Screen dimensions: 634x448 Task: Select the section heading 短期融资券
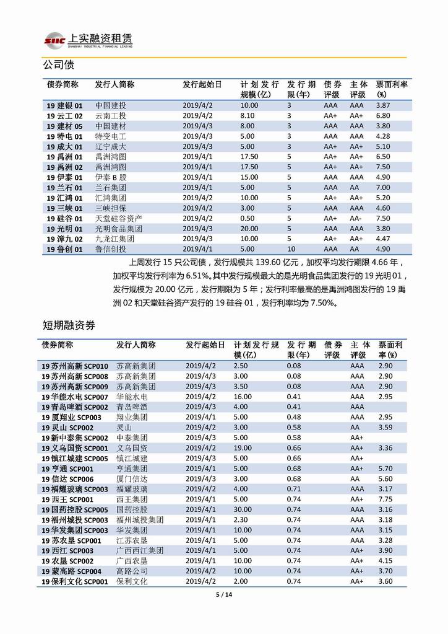point(69,325)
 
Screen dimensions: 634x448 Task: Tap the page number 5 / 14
point(223,594)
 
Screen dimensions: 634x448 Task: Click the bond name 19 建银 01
point(64,106)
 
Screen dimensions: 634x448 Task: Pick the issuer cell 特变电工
point(110,136)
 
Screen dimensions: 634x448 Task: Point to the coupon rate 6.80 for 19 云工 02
point(383,116)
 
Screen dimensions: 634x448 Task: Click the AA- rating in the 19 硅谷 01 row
point(356,218)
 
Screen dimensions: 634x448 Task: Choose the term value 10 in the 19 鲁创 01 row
point(290,249)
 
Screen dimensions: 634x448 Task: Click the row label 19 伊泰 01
point(64,177)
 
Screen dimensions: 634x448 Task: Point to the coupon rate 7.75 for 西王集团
point(385,499)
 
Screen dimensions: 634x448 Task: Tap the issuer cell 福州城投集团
point(140,519)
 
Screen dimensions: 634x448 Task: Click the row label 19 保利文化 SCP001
point(75,581)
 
